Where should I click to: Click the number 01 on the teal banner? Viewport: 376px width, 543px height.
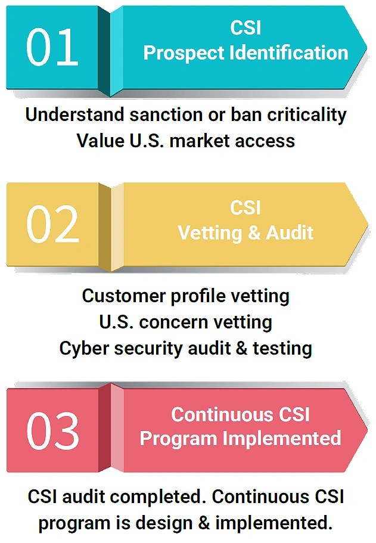52,48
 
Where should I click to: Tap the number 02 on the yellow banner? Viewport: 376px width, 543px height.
52,224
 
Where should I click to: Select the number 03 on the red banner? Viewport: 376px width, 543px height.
53,431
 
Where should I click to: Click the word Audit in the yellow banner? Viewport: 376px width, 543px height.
290,232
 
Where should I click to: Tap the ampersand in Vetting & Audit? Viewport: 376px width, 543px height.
254,232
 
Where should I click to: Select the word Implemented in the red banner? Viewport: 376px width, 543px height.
282,438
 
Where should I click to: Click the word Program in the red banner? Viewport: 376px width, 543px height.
178,439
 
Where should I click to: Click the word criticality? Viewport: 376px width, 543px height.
306,115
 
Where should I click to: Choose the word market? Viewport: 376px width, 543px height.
200,141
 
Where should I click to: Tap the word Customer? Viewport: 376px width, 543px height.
123,296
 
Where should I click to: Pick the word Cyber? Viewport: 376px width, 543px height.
84,348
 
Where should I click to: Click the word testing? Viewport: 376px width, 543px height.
282,348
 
